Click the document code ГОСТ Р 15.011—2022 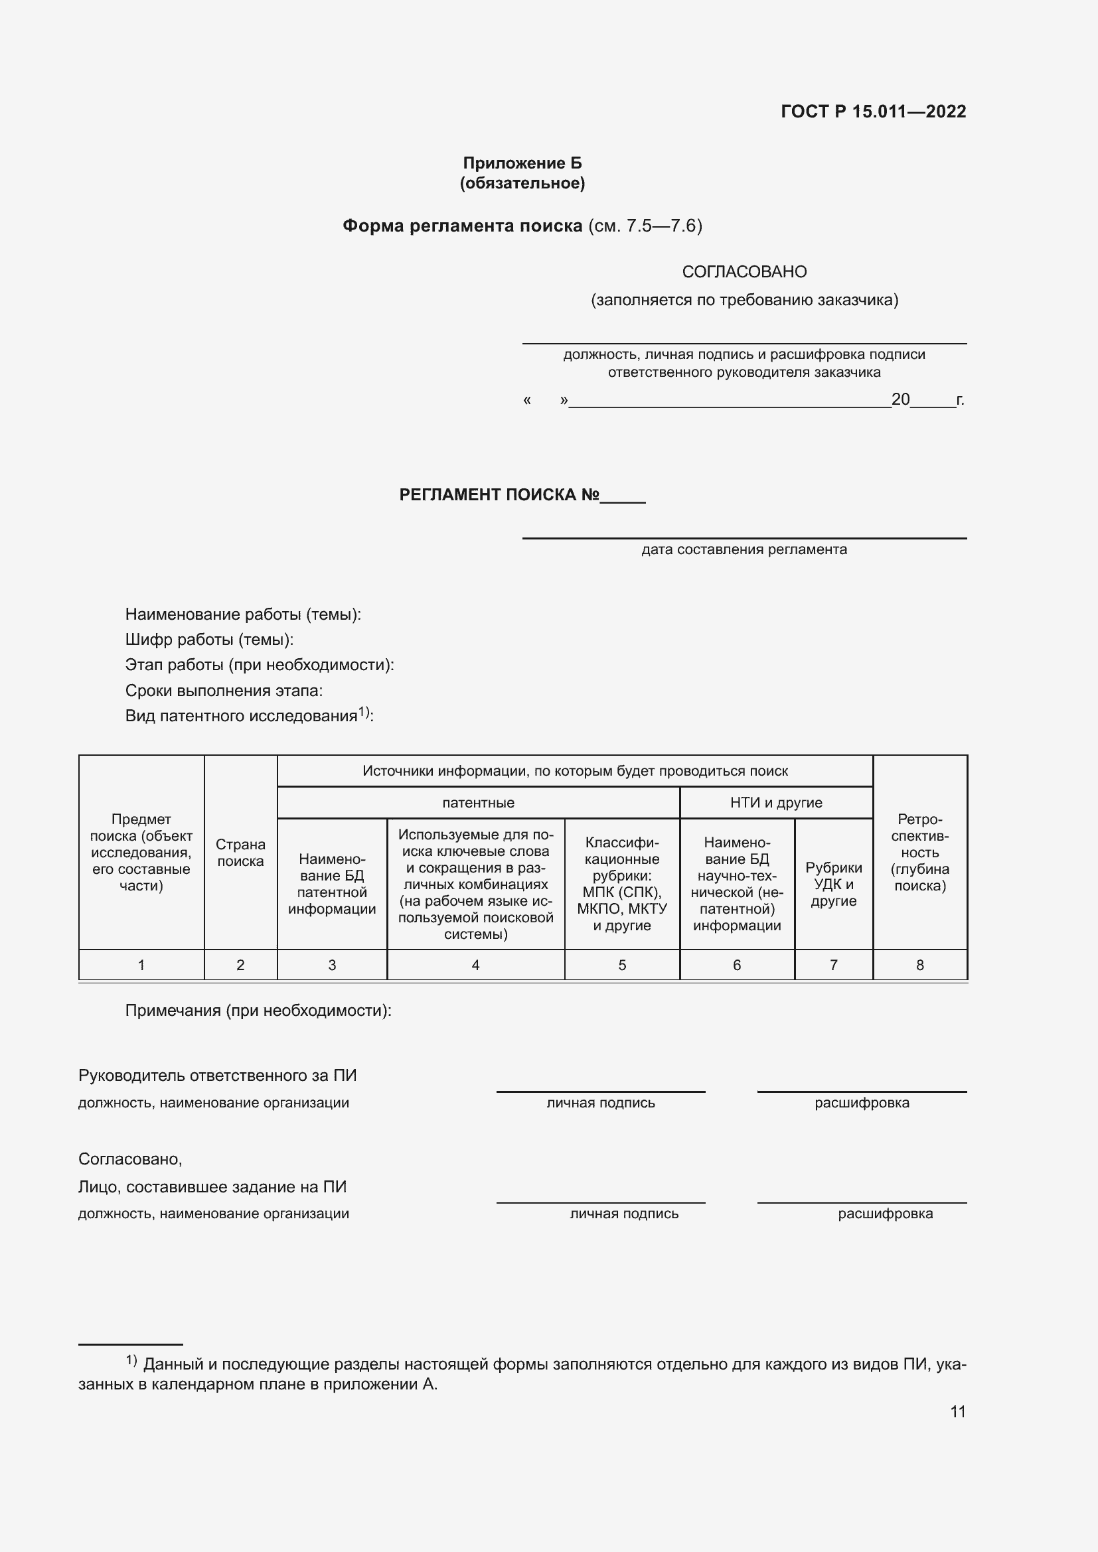click(873, 111)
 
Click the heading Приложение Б click(522, 163)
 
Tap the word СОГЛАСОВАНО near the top click(744, 272)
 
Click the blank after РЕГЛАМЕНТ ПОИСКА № click(623, 496)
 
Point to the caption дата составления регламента click(744, 549)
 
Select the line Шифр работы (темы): click(209, 640)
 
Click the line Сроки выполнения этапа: click(224, 690)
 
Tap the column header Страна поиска click(240, 853)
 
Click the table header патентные click(478, 802)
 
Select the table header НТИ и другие click(776, 802)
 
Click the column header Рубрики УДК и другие click(833, 884)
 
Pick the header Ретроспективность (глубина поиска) click(919, 853)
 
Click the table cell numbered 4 click(475, 965)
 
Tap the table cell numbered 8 click(919, 965)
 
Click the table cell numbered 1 click(141, 965)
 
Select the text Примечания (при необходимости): click(258, 1011)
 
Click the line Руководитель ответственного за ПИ click(217, 1076)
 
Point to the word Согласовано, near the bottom click(131, 1159)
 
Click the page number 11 click(957, 1412)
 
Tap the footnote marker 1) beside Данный click(131, 1360)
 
